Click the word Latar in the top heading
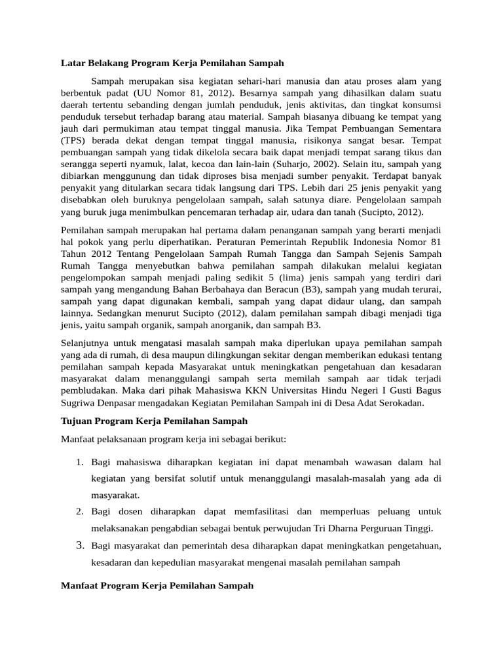pyautogui.click(x=72, y=63)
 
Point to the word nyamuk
pyautogui.click(x=157, y=163)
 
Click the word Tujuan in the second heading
pyautogui.click(x=76, y=420)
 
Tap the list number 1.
pyautogui.click(x=79, y=463)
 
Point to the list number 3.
pyautogui.click(x=79, y=545)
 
